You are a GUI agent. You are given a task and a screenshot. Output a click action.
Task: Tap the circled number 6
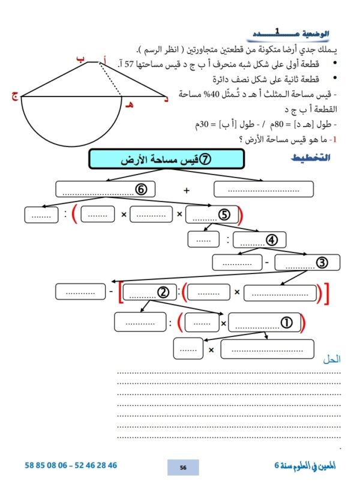pos(141,189)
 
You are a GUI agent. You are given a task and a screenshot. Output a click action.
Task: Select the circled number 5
pos(224,214)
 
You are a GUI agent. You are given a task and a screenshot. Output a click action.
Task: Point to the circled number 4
pos(272,240)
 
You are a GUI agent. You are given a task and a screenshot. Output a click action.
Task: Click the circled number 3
pos(322,263)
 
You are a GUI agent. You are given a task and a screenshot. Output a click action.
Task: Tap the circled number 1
pos(286,323)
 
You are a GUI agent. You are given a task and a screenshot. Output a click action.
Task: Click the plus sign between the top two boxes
pos(186,190)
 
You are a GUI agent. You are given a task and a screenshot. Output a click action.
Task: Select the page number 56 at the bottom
pos(183,467)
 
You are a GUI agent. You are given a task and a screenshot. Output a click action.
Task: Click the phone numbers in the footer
pos(71,465)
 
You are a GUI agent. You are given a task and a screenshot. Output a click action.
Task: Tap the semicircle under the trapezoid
pos(71,123)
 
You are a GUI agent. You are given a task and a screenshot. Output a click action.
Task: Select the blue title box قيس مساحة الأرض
pos(166,160)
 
